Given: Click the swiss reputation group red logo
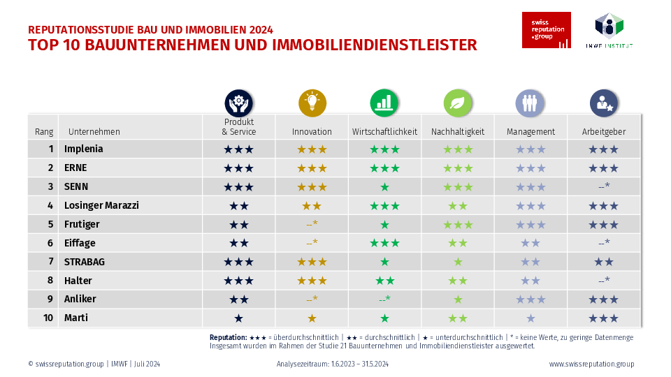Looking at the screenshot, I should point(546,30).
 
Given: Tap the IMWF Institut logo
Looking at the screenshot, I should point(609,30).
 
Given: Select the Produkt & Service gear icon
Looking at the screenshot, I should point(238,103).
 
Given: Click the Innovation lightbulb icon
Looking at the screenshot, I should point(312,103).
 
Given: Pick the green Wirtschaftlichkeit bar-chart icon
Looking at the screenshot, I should point(384,103).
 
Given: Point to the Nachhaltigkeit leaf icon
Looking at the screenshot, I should point(457,103).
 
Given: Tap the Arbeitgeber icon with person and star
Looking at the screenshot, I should point(603,103).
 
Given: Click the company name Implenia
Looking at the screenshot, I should point(83,149).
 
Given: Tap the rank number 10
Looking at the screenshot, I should point(49,318).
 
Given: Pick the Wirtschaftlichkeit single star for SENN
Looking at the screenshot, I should point(384,187).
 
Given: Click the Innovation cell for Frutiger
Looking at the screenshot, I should point(312,225).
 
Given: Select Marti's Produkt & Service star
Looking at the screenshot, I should point(238,318).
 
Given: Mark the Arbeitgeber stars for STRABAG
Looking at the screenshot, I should point(603,262).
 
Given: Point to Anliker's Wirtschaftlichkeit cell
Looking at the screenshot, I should point(384,300).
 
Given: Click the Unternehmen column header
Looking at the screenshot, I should point(94,131).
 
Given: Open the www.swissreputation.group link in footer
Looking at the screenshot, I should point(591,364).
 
